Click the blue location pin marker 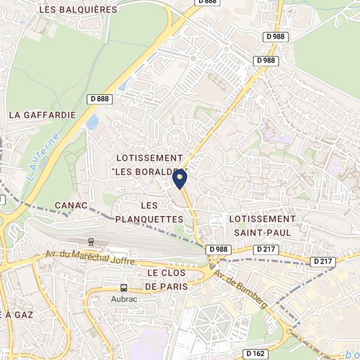coord(179,177)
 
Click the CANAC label coord(71,206)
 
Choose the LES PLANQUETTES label coord(149,212)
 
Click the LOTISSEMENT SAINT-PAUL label coord(262,225)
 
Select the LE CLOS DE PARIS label coord(167,279)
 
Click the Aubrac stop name coord(124,299)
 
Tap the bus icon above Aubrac coord(124,288)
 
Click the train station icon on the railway coord(91,242)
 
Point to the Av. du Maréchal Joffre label coord(90,257)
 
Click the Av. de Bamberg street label coord(240,291)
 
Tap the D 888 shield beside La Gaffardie coord(100,99)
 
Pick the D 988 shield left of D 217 coord(219,249)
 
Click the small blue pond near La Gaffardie coord(92,122)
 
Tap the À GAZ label coord(16,314)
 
